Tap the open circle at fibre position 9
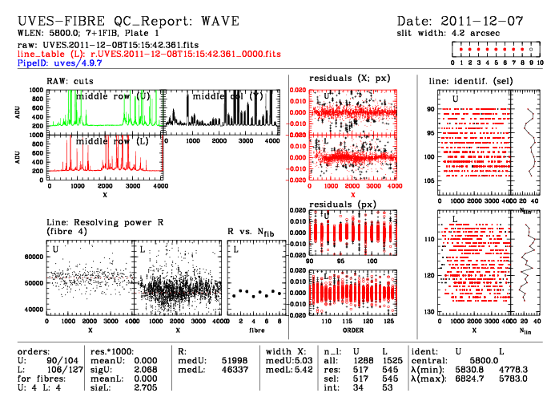click(x=530, y=50)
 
